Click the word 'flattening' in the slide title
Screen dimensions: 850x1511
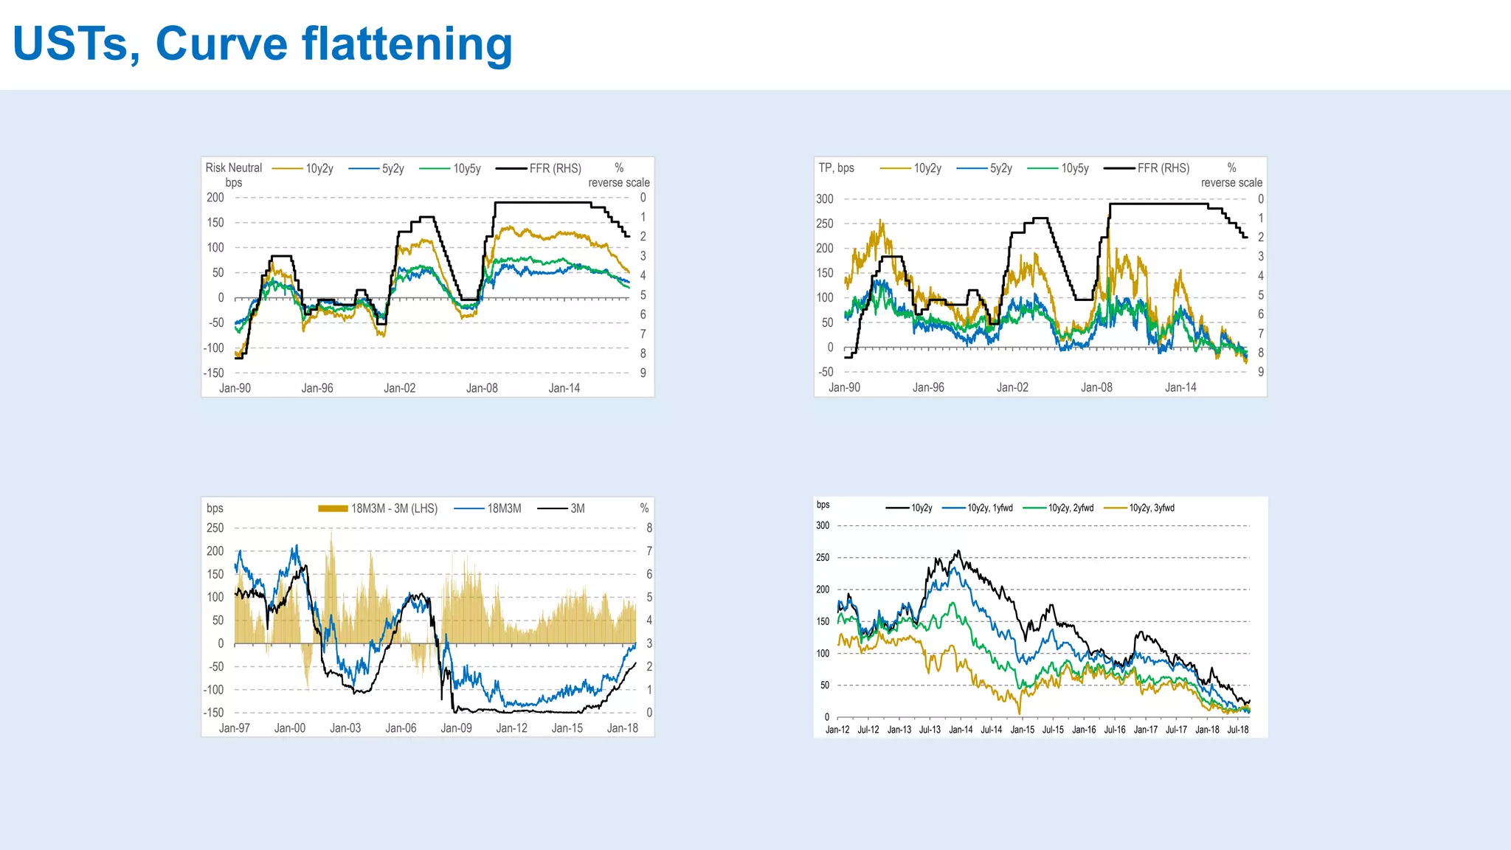tap(407, 44)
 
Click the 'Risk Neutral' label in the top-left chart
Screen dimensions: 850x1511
tap(233, 168)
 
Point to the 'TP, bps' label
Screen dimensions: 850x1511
tap(836, 168)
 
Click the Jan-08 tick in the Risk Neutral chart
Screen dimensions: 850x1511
tap(482, 388)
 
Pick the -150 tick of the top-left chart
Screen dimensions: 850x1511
tap(214, 373)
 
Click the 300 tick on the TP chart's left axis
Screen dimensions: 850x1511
tap(824, 199)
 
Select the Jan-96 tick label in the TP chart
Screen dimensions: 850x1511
tap(928, 387)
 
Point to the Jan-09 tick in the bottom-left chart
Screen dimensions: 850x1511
tap(456, 728)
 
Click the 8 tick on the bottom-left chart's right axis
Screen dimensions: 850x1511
tap(649, 528)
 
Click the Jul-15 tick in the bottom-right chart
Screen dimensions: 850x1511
tap(1053, 730)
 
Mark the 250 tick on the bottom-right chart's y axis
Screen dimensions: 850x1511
tap(823, 558)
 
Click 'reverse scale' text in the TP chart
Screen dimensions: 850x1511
tap(1231, 183)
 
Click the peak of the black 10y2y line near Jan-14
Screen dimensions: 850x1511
tap(958, 550)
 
